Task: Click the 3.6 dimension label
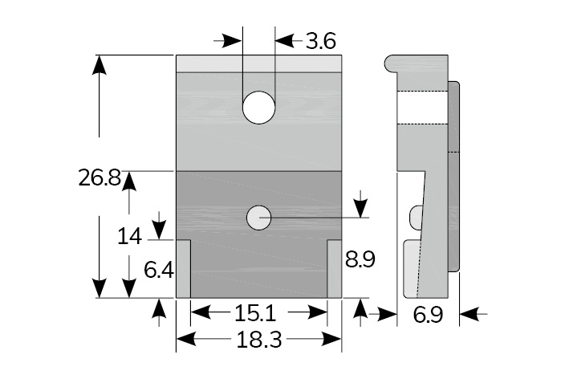pyautogui.click(x=319, y=40)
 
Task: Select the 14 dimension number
pyautogui.click(x=129, y=236)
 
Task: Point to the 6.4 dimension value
pyautogui.click(x=159, y=269)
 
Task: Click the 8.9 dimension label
pyautogui.click(x=360, y=259)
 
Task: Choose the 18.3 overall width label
pyautogui.click(x=259, y=340)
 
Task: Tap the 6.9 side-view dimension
pyautogui.click(x=429, y=315)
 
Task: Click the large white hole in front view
pyautogui.click(x=259, y=107)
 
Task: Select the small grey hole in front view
pyautogui.click(x=259, y=217)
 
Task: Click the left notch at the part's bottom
pyautogui.click(x=183, y=268)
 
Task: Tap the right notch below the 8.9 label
pyautogui.click(x=335, y=268)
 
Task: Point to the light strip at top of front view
pyautogui.click(x=259, y=63)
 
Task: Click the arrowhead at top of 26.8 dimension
pyautogui.click(x=99, y=64)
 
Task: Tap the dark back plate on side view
pyautogui.click(x=453, y=177)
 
